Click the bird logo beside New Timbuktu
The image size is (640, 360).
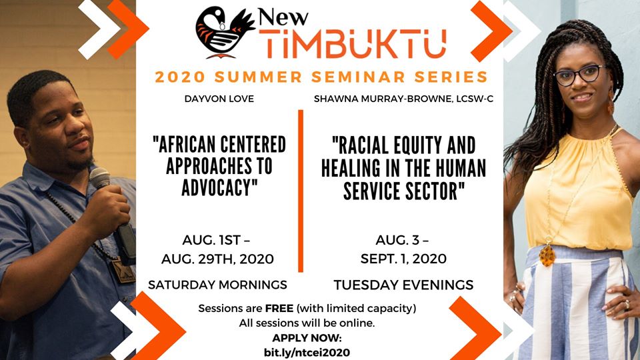225,32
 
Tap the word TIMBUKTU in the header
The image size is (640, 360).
353,44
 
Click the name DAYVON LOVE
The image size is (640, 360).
219,99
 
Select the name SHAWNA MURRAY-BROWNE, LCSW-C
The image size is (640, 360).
403,99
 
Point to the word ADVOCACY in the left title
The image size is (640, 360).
219,188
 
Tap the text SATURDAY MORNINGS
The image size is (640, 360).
217,285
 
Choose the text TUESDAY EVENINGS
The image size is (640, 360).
403,285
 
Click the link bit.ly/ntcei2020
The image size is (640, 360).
307,353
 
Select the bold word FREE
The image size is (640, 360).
279,308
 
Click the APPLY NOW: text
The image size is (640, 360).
307,338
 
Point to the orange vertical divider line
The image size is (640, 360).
301,191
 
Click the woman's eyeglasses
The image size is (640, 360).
579,75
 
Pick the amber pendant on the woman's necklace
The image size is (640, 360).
547,255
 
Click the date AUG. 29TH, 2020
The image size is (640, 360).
217,259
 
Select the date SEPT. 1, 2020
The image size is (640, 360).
403,259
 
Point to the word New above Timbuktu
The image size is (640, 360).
283,17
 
